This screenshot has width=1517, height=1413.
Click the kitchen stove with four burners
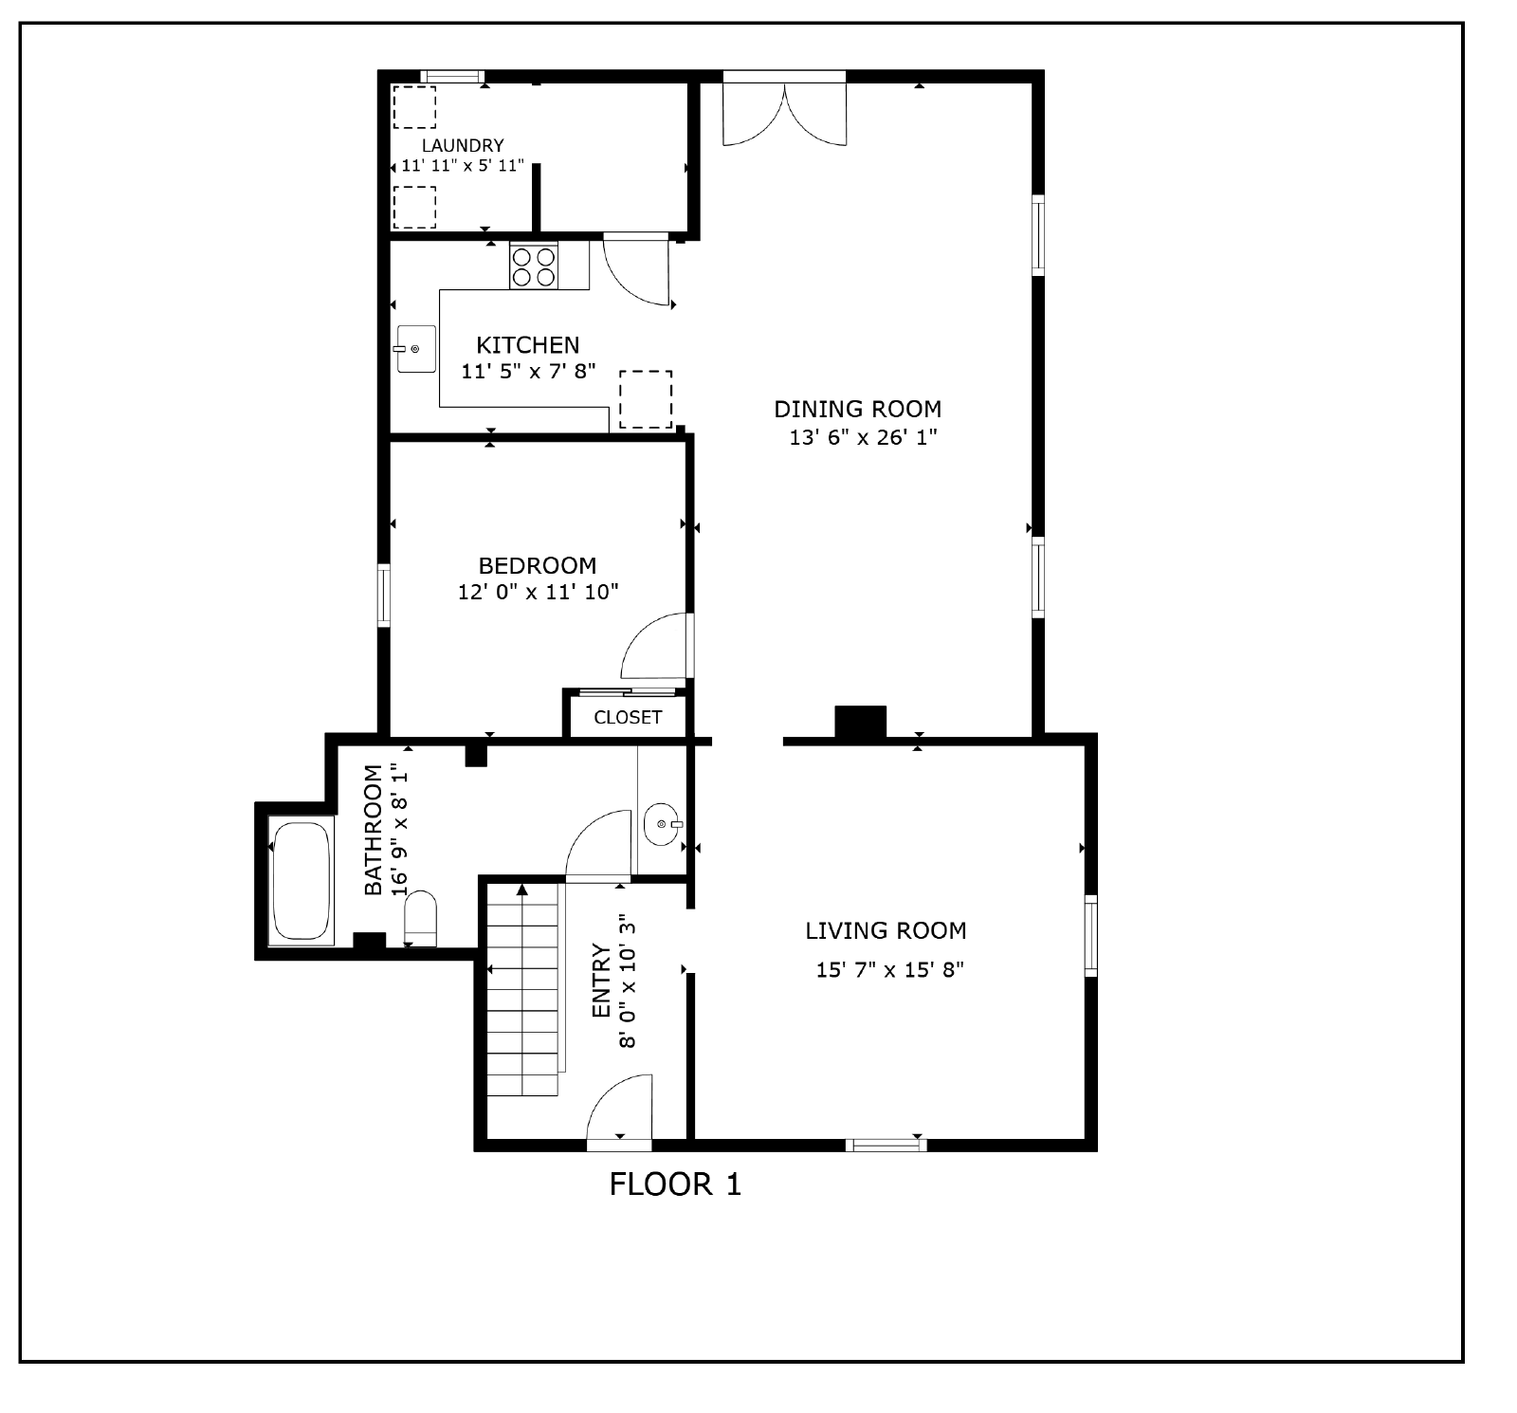(534, 266)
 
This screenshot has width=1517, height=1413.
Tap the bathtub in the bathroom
(302, 880)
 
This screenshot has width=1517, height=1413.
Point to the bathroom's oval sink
(662, 824)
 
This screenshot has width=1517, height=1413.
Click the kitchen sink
(415, 349)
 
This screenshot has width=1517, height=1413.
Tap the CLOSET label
(628, 717)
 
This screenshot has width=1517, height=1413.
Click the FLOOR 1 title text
(675, 1184)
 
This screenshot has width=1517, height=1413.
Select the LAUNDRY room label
(463, 145)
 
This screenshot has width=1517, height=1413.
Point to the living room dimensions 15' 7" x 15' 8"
(889, 969)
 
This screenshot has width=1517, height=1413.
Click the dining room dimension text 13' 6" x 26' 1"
(863, 437)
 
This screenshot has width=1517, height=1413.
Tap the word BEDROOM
(538, 565)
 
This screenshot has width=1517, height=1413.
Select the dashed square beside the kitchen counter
(646, 399)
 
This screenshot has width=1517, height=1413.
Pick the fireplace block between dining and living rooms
(860, 722)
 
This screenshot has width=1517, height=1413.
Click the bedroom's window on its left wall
(384, 595)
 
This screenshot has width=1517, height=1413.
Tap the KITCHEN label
(527, 344)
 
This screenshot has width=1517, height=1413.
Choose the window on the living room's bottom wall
(886, 1145)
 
